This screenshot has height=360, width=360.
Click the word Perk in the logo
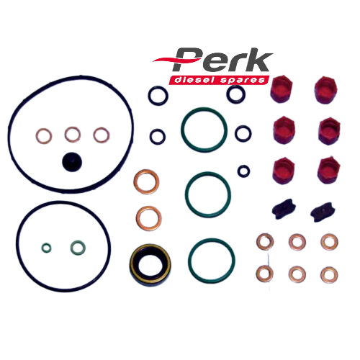tap(222, 60)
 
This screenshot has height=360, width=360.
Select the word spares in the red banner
tap(243, 81)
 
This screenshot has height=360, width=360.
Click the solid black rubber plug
tap(72, 162)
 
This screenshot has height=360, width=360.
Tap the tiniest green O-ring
tap(46, 248)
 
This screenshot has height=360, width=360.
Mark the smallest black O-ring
tap(238, 171)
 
